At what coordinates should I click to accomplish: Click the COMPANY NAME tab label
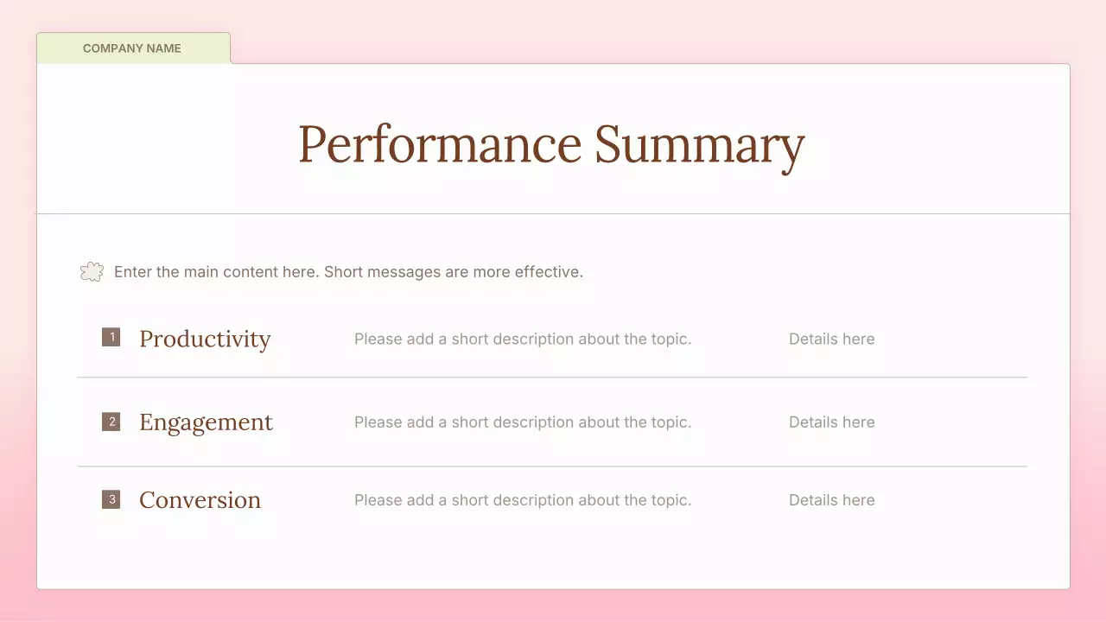132,48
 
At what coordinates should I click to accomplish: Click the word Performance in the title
439,144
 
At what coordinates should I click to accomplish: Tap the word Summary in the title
699,144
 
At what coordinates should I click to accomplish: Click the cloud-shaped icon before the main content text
92,272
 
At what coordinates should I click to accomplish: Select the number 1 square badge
111,337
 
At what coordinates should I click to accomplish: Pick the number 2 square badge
111,422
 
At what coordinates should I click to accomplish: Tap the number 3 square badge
111,499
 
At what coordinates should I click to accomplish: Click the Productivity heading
205,339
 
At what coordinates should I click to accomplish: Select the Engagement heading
206,422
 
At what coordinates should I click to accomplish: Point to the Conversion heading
200,500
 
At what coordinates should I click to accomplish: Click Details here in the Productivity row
831,340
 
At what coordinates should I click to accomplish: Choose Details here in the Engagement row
831,422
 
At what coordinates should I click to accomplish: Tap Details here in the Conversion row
831,500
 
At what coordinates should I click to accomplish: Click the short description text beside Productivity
523,340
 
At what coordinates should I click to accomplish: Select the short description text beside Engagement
523,422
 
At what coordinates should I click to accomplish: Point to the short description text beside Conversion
523,500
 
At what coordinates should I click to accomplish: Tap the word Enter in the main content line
133,272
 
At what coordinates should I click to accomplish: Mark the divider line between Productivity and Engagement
552,378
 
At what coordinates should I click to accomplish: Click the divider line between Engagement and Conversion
552,466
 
